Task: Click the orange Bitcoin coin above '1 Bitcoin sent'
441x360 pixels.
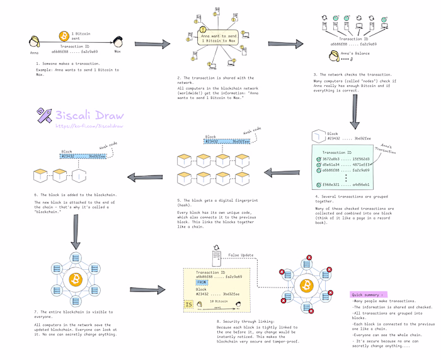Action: [63, 35]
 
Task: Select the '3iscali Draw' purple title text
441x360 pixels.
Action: [89, 115]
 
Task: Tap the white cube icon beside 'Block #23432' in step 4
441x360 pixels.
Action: [317, 136]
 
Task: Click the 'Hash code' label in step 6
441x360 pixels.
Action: [108, 146]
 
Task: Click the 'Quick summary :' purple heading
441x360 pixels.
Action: [369, 294]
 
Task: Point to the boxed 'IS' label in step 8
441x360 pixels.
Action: [189, 306]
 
